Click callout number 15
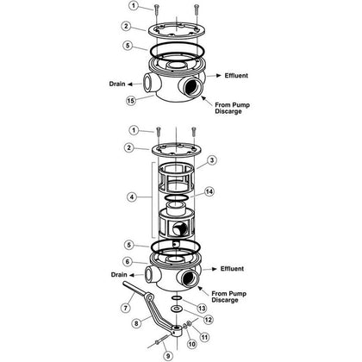point(131,101)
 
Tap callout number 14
point(209,191)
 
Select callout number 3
point(212,160)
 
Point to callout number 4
point(132,197)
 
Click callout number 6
point(128,262)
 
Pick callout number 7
point(125,308)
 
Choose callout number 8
point(136,323)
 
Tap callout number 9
point(169,356)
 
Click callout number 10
point(191,344)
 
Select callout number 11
point(204,336)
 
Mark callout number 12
point(209,320)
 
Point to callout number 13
point(202,309)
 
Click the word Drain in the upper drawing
point(117,84)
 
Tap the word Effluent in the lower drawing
point(232,269)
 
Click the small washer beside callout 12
point(175,309)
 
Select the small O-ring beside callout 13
point(178,298)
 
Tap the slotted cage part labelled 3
point(177,177)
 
